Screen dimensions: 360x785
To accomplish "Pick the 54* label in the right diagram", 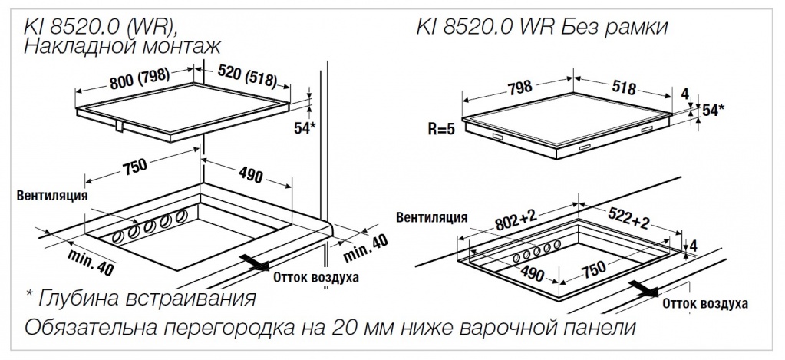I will [x=713, y=110].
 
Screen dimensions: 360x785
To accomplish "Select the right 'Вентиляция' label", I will [x=432, y=217].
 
